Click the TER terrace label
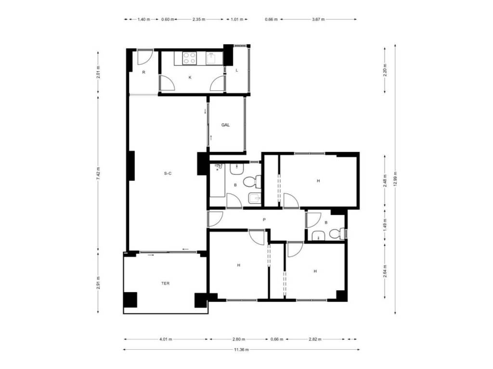166,283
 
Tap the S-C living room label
168,173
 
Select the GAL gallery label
225,125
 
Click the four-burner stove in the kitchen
190,58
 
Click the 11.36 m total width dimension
241,350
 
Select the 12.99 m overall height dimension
395,179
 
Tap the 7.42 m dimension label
98,173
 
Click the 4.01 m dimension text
166,339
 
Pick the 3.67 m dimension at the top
318,19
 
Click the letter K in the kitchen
190,77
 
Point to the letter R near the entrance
143,72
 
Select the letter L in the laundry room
237,70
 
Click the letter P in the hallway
264,220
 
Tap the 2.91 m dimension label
98,283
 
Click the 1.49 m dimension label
385,224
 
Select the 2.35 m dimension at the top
199,19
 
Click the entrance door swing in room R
144,57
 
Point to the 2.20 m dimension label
385,70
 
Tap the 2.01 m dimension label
98,72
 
